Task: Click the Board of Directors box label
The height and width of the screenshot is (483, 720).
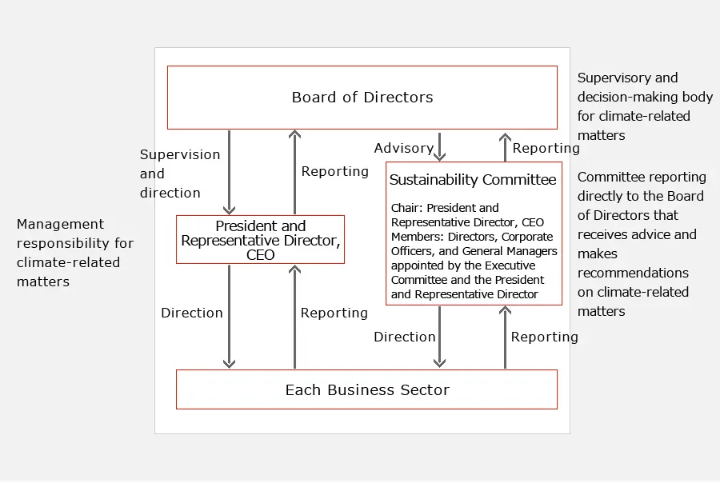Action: click(x=362, y=98)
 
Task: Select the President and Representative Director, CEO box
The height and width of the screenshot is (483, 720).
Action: click(x=260, y=240)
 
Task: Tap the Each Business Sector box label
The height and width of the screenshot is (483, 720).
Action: click(x=367, y=390)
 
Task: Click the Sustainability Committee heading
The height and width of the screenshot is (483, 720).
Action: click(x=472, y=180)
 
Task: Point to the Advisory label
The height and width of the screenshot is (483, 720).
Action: click(x=403, y=148)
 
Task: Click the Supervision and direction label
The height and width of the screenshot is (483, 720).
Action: click(x=170, y=174)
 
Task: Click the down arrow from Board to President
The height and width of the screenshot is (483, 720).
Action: click(x=230, y=172)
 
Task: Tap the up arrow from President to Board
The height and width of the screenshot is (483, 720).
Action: click(x=294, y=172)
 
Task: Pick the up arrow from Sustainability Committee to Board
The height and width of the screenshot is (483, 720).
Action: click(x=505, y=147)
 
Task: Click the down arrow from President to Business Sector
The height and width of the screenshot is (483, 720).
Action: click(x=230, y=316)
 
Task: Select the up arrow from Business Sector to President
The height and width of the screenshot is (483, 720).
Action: click(x=294, y=316)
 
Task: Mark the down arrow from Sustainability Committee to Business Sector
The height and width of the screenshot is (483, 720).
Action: click(x=439, y=337)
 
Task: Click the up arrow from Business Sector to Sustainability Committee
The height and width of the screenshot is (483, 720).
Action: click(x=505, y=337)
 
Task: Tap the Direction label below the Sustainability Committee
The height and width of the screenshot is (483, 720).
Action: click(x=404, y=337)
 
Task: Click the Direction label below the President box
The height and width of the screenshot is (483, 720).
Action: click(x=191, y=313)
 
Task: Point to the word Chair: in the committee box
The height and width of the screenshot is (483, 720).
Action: click(x=407, y=208)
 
